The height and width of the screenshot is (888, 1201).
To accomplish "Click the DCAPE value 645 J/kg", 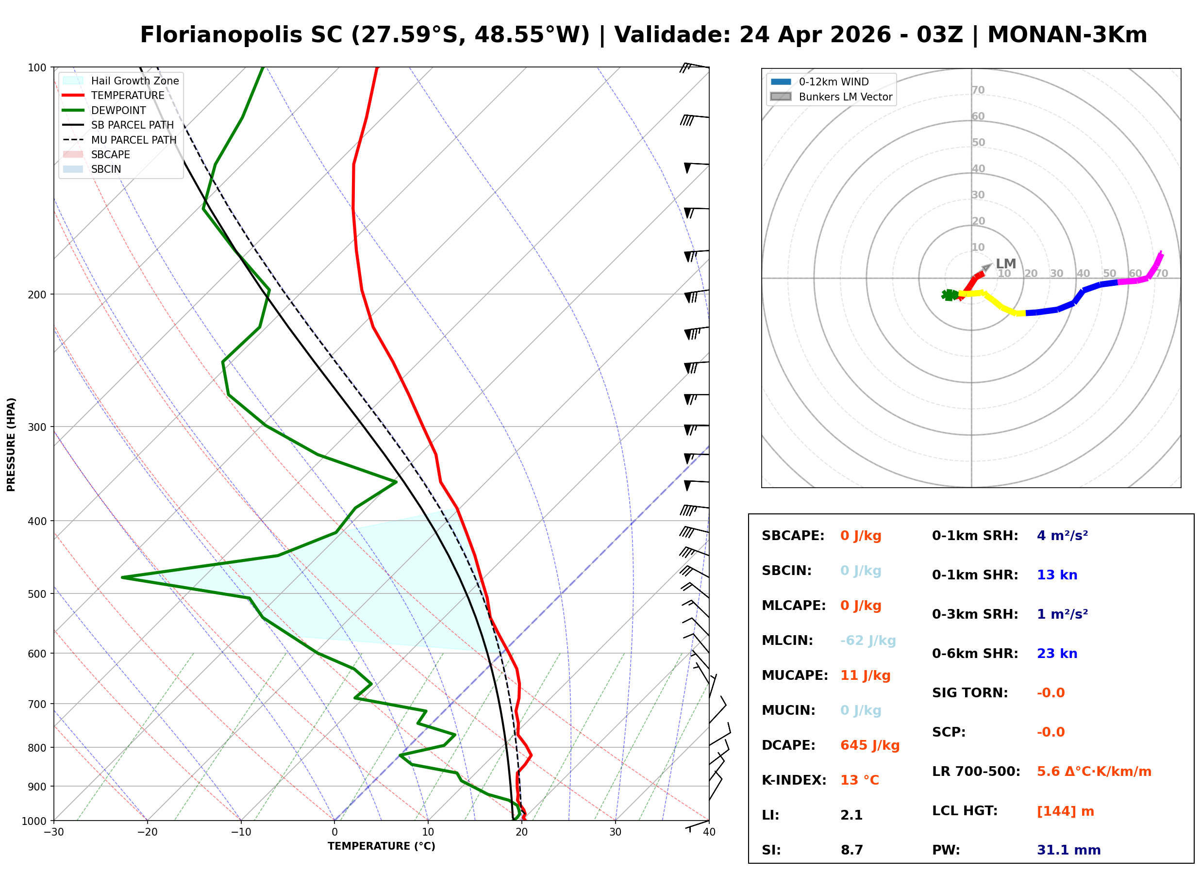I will point(869,745).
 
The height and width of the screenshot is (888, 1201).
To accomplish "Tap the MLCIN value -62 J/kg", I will point(867,640).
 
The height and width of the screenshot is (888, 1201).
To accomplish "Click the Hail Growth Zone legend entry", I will point(134,81).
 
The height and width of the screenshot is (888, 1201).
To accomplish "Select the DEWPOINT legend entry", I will point(118,110).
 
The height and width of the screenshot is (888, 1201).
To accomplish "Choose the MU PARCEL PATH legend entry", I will point(133,140).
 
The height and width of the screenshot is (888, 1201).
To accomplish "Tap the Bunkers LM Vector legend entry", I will point(845,97).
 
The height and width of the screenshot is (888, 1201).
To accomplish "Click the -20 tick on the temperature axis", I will point(147,832).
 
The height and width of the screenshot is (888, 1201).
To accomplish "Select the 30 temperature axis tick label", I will point(615,832).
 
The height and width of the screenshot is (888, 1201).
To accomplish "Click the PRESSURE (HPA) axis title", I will point(11,444).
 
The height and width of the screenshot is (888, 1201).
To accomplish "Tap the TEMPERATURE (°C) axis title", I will point(381,846).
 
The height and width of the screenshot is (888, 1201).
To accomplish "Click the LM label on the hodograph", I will point(1005,263).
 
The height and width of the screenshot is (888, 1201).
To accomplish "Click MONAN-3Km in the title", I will point(1067,35).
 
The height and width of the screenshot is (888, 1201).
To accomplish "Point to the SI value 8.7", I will point(851,850).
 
